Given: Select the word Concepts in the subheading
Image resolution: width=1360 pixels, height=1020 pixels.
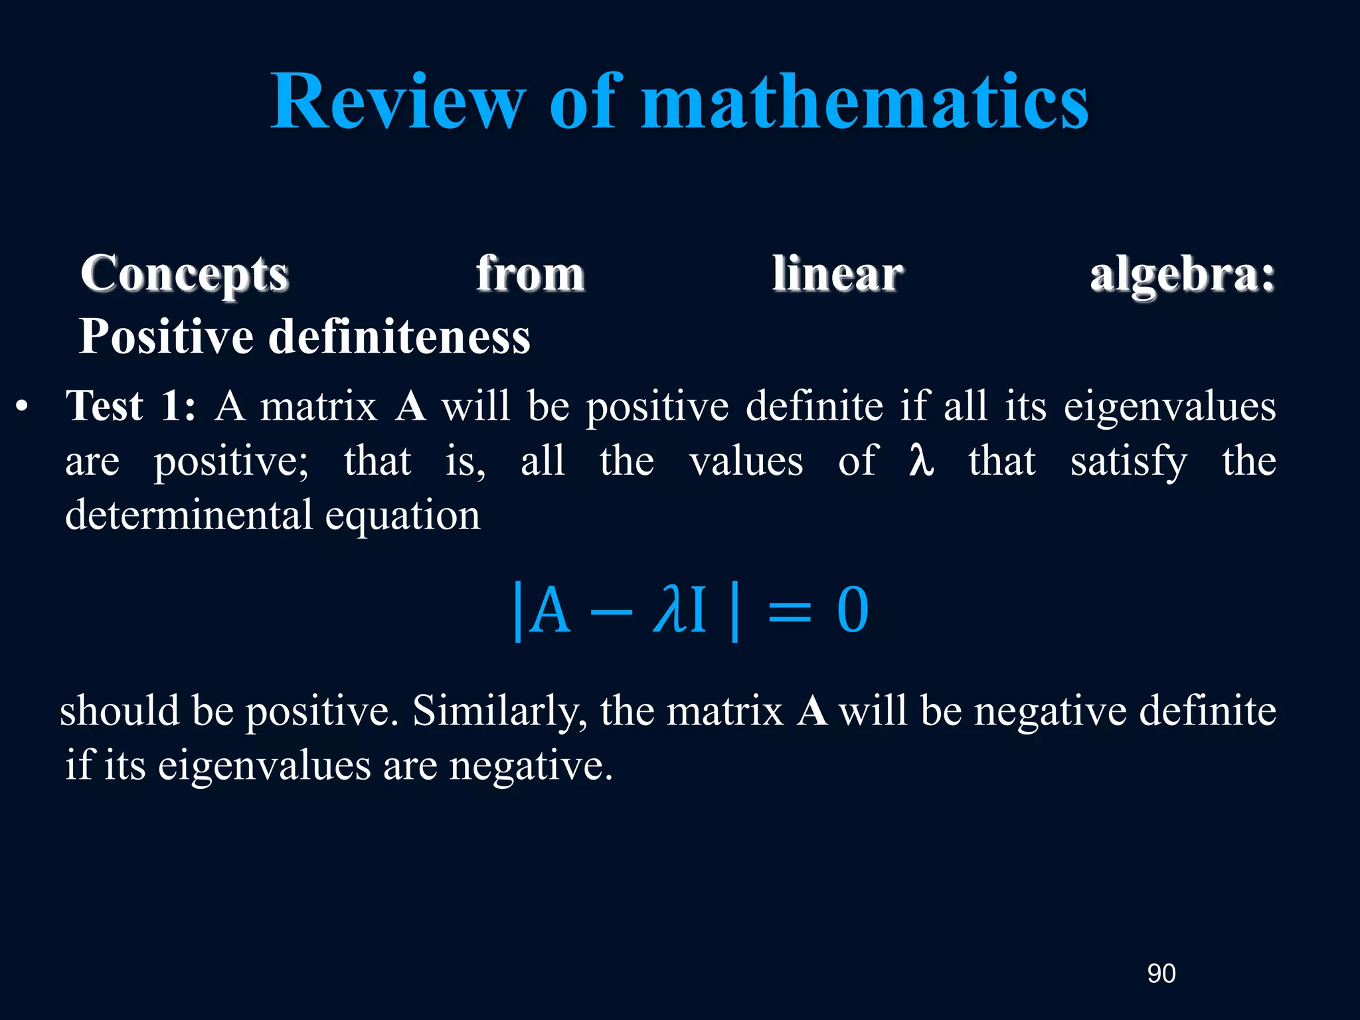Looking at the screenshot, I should click(185, 274).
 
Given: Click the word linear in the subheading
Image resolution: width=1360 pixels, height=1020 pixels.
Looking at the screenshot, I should click(837, 274).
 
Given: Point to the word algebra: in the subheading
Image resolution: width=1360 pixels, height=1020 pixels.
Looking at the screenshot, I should click(1182, 274).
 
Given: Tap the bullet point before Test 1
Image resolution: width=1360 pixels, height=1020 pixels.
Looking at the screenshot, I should click(23, 406).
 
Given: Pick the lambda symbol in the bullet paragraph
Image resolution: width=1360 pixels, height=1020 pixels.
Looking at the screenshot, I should click(922, 461).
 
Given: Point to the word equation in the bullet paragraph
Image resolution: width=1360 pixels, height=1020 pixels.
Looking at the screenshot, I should click(402, 517).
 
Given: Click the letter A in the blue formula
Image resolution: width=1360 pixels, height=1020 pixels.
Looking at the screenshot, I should click(552, 610).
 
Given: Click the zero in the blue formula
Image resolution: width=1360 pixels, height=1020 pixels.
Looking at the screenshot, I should click(853, 610).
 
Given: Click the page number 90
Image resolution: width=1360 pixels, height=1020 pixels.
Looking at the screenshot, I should click(1161, 974).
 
